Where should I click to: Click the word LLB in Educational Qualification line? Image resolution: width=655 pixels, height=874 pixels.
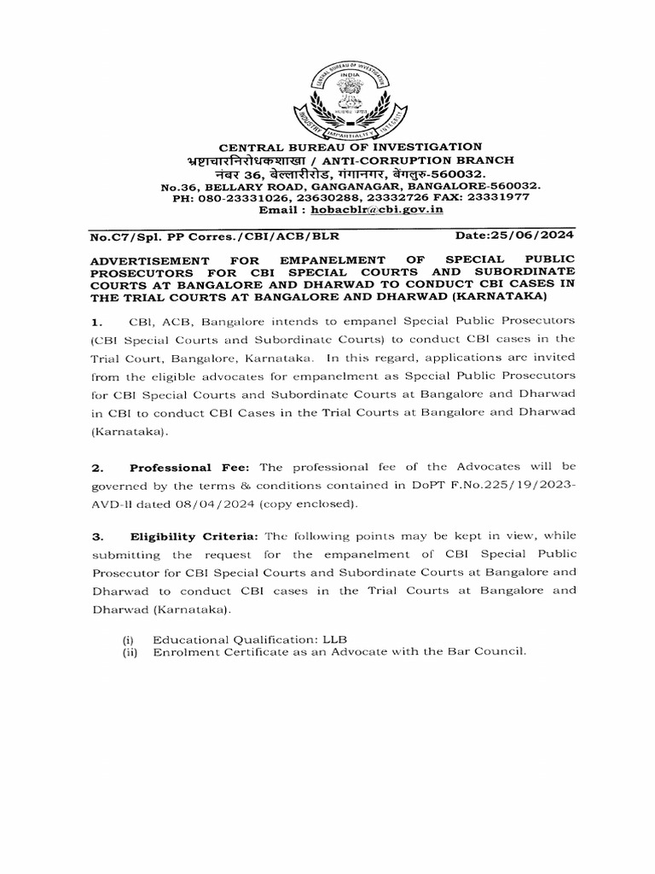332,639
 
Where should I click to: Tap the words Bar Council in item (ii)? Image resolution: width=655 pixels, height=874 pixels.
488,652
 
